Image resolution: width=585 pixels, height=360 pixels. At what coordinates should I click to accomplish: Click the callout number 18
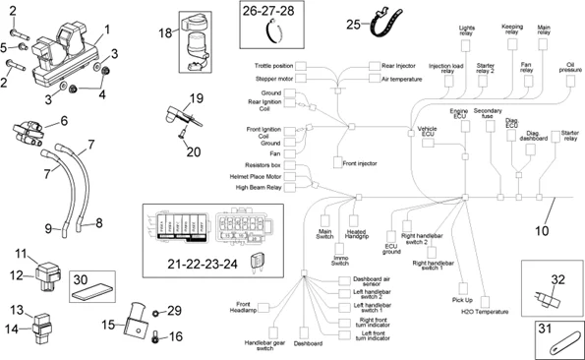pos(166,33)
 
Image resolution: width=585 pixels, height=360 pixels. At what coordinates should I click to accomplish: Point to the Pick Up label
pos(461,299)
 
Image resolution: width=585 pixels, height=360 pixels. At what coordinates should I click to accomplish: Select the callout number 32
pos(557,279)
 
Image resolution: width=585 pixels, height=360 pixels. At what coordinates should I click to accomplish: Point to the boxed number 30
pos(82,278)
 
